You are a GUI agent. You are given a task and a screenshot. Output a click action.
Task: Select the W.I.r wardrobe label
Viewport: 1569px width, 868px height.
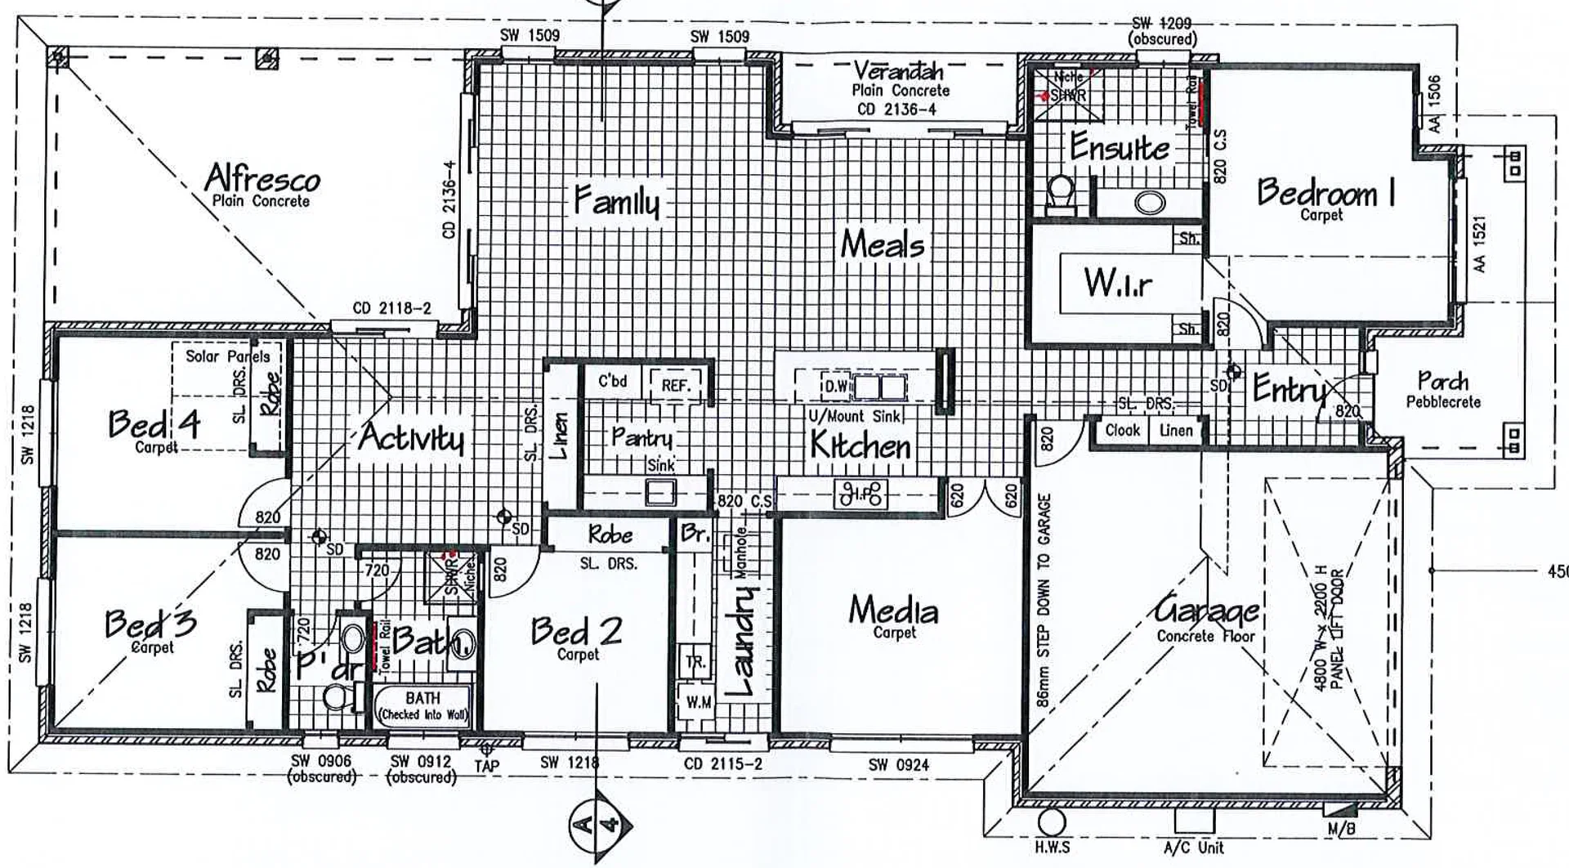click(x=1118, y=283)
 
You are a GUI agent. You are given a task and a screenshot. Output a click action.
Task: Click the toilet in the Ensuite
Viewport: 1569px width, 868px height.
click(x=1061, y=195)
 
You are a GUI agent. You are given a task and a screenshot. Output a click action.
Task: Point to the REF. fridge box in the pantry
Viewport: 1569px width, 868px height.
click(x=676, y=385)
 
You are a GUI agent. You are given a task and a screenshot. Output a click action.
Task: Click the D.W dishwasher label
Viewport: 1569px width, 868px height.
click(x=835, y=386)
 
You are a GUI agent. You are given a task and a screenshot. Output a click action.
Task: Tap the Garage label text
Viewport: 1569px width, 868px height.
click(x=1206, y=610)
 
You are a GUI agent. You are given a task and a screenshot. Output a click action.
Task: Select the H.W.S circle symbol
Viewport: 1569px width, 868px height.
click(x=1052, y=822)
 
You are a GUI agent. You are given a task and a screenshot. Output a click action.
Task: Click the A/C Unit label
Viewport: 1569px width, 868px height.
click(x=1194, y=848)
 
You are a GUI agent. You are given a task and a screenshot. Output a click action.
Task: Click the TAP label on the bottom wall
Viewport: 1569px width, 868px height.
click(x=486, y=766)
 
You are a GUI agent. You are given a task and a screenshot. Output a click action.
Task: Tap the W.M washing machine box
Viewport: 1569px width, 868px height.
click(x=697, y=702)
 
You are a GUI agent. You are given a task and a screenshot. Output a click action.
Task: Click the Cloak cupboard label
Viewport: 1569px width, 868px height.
click(x=1121, y=430)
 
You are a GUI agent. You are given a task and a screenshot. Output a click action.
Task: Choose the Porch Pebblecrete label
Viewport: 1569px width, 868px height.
click(x=1443, y=389)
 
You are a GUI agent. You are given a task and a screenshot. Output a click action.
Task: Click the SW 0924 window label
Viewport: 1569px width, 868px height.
click(x=898, y=765)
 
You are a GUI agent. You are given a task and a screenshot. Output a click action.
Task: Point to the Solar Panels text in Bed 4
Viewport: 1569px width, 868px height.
click(x=227, y=356)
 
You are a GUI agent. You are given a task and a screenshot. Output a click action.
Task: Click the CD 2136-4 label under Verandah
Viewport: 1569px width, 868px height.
click(x=896, y=110)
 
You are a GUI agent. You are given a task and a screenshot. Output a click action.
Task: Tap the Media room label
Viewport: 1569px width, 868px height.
click(x=892, y=611)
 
